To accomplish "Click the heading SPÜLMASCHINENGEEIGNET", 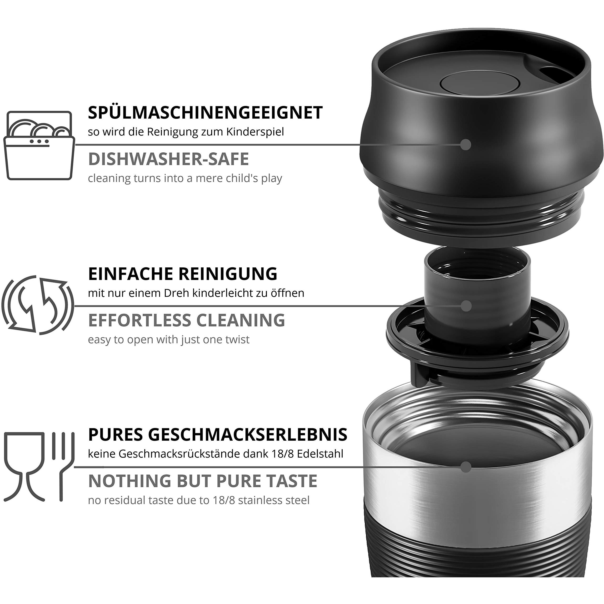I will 205,113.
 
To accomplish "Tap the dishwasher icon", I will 39,145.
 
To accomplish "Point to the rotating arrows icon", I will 38,305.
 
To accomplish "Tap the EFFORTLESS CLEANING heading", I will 186,320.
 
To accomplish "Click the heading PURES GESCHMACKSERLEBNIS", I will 217,434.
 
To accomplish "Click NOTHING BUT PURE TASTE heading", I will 203,481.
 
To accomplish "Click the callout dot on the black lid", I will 466,145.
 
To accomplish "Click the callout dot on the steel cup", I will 466,467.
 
